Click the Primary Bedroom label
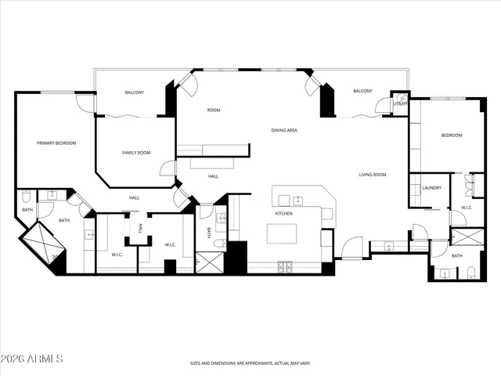tap(56, 143)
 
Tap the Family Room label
tap(135, 153)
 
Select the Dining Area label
tap(284, 130)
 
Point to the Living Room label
tap(373, 175)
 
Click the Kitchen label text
tap(283, 213)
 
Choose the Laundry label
tap(431, 188)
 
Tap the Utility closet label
tap(400, 103)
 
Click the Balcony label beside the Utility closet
tap(362, 92)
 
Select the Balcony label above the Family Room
tap(134, 93)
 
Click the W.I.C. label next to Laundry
tap(467, 208)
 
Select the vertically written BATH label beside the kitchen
tap(208, 233)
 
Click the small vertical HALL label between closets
tap(141, 229)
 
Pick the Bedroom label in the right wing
tap(452, 136)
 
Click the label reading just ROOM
tap(213, 110)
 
